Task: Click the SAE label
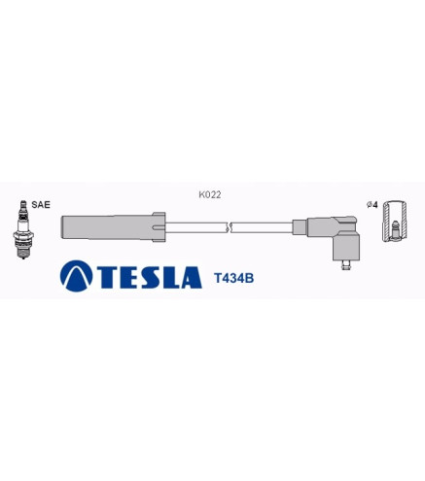(41, 205)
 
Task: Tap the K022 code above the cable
(210, 194)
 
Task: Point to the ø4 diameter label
(372, 205)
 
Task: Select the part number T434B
(233, 278)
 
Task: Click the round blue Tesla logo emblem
(77, 276)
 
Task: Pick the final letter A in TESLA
(192, 277)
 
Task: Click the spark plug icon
(23, 229)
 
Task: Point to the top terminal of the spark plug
(23, 204)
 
